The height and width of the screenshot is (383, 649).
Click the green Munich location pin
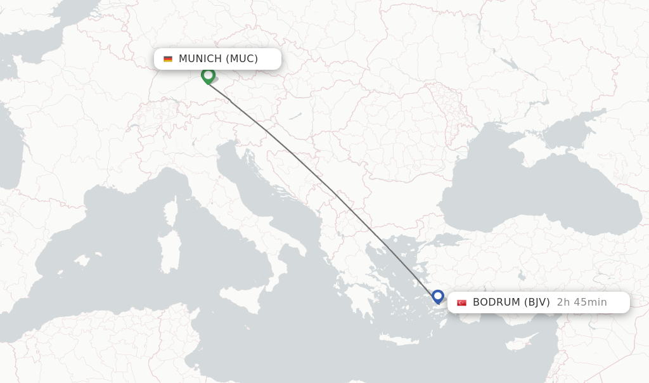208,75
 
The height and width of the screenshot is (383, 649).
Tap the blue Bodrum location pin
438,296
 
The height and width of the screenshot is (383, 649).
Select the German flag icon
168,59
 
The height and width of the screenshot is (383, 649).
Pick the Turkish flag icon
461,302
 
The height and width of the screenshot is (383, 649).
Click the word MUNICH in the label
200,59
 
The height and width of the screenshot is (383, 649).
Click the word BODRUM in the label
497,302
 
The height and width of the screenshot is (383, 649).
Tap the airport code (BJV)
537,302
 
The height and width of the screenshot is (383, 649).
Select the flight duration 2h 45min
582,302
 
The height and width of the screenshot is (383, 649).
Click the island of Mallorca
82,260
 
